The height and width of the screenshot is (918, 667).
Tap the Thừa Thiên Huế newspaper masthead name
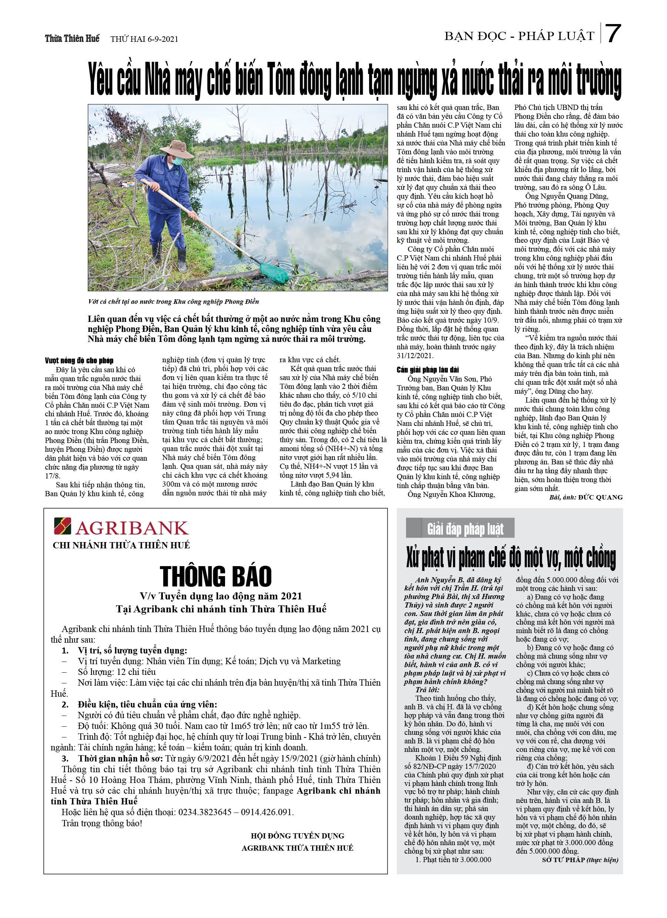(x=72, y=38)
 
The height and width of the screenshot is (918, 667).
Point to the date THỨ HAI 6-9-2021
(x=144, y=39)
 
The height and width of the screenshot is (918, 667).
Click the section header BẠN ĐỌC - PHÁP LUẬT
(x=519, y=36)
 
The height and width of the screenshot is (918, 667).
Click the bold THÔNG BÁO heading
(x=215, y=576)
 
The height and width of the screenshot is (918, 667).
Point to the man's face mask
(x=177, y=161)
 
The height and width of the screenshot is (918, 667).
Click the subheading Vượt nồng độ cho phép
(x=79, y=360)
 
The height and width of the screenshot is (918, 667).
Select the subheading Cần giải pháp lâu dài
(x=428, y=370)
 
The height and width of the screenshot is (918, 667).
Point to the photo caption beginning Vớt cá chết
(x=173, y=302)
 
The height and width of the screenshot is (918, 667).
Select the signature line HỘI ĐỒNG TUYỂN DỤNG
(x=297, y=836)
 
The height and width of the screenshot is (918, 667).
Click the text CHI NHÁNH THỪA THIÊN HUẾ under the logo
(x=121, y=545)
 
